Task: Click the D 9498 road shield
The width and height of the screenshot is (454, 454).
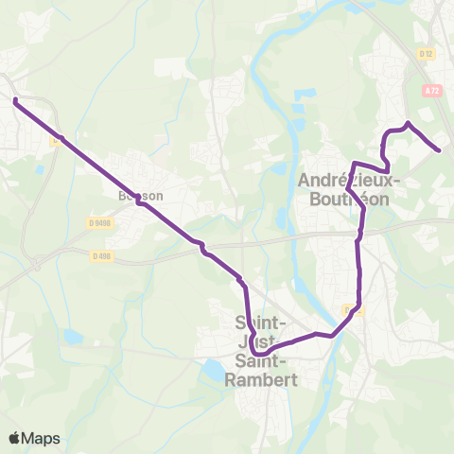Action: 97,223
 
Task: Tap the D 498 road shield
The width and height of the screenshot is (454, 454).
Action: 102,255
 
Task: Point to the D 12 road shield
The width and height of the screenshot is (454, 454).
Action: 424,54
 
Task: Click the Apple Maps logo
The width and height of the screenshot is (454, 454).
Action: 34,437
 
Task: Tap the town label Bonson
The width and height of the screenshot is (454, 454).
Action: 140,196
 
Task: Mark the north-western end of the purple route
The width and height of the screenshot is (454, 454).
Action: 15,98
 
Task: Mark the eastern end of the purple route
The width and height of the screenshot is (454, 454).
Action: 439,149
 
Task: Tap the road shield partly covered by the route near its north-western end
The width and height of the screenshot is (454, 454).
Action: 57,139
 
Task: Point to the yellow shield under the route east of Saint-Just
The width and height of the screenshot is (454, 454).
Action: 351,309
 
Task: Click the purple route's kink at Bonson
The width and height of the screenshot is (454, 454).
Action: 138,201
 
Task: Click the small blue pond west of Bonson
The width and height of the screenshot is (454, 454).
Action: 43,170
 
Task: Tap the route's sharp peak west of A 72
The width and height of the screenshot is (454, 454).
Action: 408,122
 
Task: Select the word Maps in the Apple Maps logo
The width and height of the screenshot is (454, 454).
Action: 43,437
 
